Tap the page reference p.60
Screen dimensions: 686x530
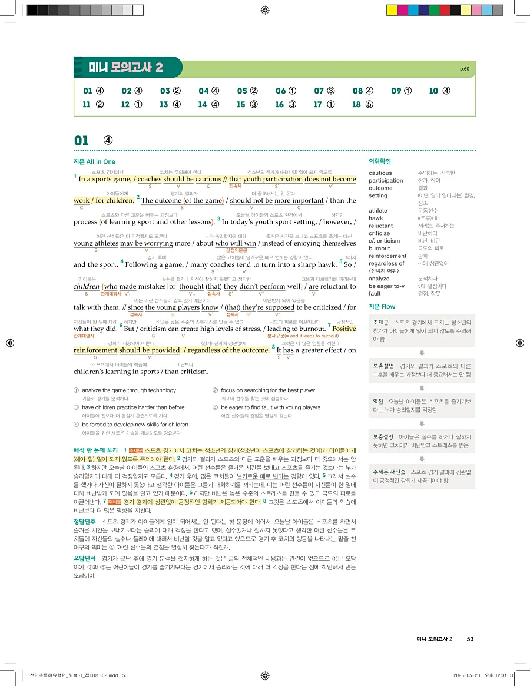tap(465, 69)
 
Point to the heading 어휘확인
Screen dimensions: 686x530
tap(380, 161)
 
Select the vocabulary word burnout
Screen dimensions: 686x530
tap(380, 248)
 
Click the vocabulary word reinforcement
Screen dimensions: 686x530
tap(387, 256)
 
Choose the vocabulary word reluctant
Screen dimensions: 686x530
tap(380, 226)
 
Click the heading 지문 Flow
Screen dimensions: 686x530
tap(382, 307)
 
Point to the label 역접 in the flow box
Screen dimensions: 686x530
tap(379, 402)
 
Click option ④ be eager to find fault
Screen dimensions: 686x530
tap(270, 407)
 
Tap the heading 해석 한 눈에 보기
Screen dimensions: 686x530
tap(96, 450)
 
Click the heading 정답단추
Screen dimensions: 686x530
tap(85, 522)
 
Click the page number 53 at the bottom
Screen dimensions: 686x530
tap(470, 639)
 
